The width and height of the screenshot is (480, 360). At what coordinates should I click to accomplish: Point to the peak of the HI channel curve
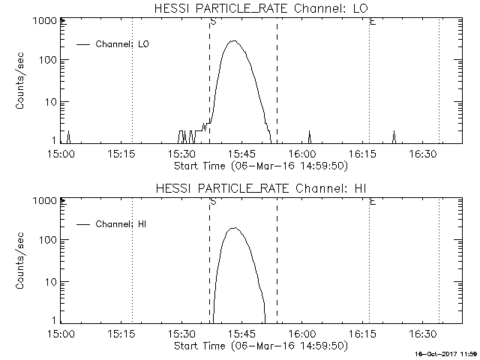tap(234, 228)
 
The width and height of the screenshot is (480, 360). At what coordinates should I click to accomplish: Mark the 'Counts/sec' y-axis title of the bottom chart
tap(22, 261)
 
